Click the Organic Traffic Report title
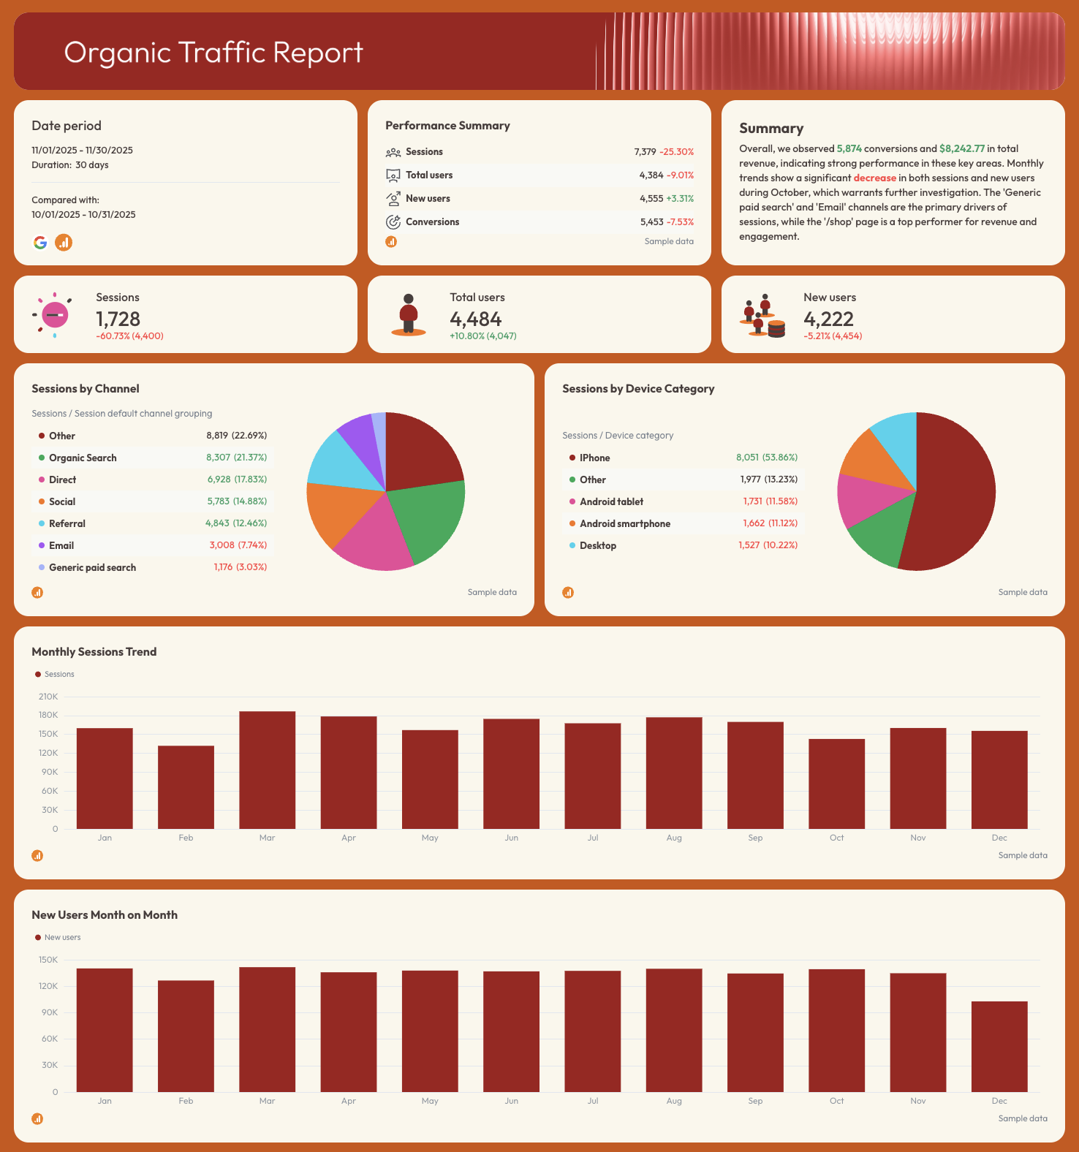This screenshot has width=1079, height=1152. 213,53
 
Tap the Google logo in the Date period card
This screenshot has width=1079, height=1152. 40,243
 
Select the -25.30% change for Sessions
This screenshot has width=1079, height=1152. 676,152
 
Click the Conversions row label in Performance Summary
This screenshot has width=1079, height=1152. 432,222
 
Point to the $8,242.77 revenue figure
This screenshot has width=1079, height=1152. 962,148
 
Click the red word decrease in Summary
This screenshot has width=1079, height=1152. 874,178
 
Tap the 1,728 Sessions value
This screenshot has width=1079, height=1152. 118,319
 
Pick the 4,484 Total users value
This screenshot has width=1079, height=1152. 475,319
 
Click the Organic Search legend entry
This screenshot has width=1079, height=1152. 83,458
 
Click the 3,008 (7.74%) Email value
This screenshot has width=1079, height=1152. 238,545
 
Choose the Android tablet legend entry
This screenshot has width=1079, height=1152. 611,501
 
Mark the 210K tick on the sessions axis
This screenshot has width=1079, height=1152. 48,697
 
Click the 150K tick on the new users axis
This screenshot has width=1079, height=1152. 48,960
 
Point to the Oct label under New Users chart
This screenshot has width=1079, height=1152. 836,1101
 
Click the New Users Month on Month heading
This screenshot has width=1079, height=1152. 105,915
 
